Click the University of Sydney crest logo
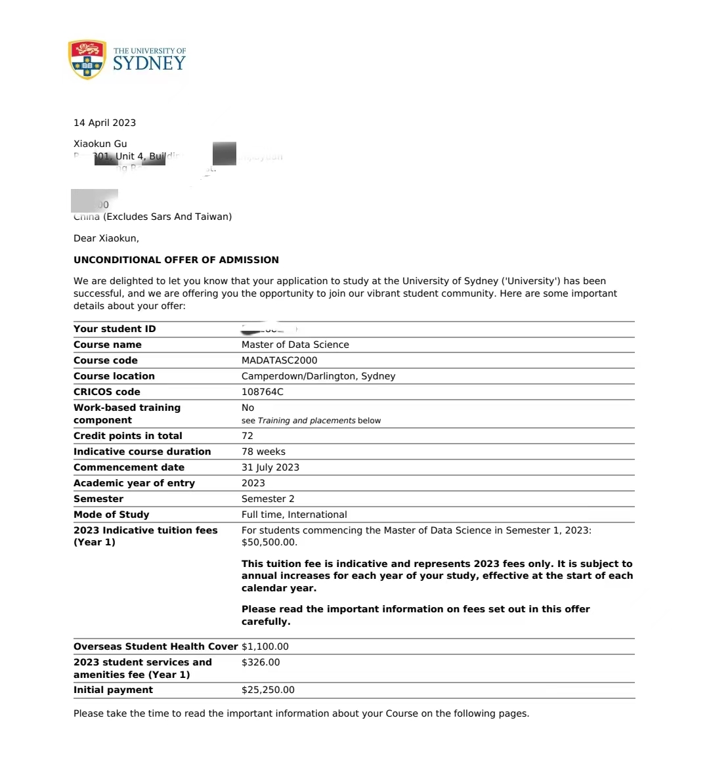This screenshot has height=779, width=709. click(x=87, y=59)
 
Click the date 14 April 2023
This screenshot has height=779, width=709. click(x=104, y=123)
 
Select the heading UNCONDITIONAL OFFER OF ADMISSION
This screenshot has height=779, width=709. click(x=176, y=260)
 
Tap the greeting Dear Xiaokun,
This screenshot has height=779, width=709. click(x=106, y=238)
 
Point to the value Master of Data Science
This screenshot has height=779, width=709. click(x=295, y=345)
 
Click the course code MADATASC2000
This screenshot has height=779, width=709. click(x=279, y=360)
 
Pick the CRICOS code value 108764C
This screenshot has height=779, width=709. click(x=262, y=392)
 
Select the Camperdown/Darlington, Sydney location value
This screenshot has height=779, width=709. click(x=318, y=376)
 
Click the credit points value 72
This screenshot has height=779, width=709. click(x=247, y=436)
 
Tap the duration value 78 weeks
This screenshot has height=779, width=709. click(x=263, y=452)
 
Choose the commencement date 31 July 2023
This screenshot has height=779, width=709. click(x=270, y=467)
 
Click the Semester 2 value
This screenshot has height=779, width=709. click(x=268, y=499)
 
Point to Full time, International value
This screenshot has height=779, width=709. click(x=294, y=515)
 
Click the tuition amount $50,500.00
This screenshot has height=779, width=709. click(x=269, y=543)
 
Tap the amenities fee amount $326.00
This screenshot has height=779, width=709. click(x=261, y=662)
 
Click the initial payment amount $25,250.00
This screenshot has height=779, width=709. click(x=268, y=690)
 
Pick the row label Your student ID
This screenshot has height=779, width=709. click(x=114, y=329)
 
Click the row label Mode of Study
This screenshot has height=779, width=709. click(x=111, y=515)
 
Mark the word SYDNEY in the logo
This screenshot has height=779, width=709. click(x=149, y=64)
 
